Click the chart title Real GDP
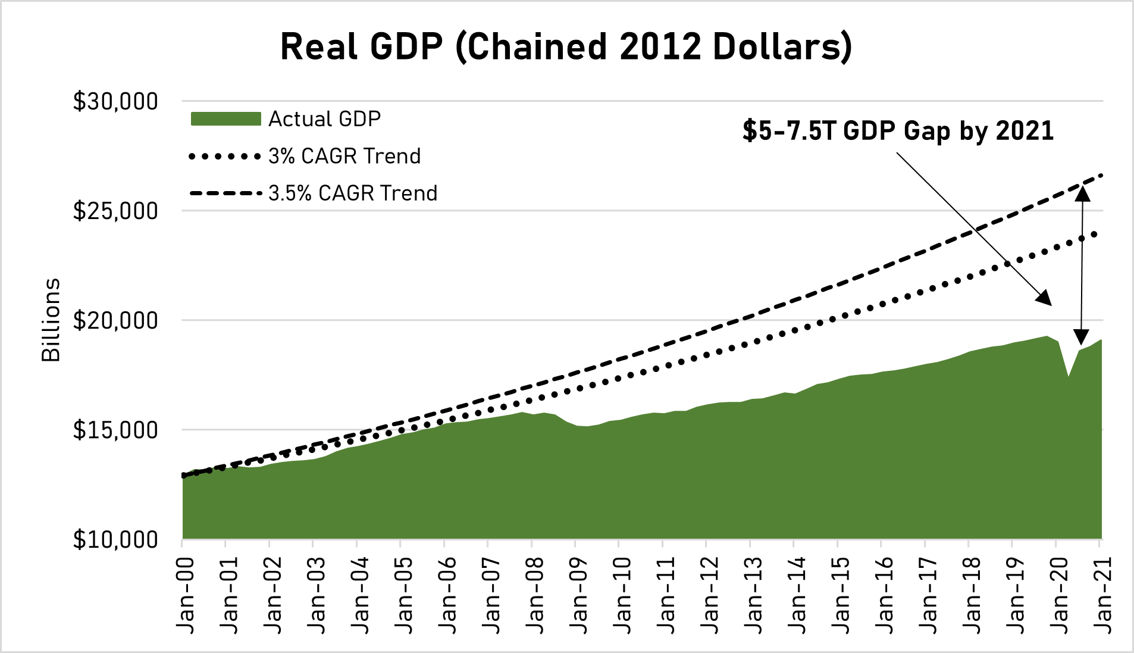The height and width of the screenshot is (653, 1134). (x=566, y=46)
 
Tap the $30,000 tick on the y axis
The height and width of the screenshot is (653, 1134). (x=115, y=102)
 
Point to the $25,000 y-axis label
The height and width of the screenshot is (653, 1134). (x=115, y=211)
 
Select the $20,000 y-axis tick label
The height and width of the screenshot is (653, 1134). (x=115, y=321)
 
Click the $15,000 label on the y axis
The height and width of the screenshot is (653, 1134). (x=115, y=430)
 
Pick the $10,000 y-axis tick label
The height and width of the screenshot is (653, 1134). (x=115, y=540)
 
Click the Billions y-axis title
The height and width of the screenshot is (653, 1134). (x=51, y=320)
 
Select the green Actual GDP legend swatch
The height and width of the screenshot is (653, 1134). (x=225, y=119)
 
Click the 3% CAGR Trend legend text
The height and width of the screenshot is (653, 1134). (x=344, y=157)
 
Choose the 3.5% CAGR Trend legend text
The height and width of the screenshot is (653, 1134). (x=353, y=193)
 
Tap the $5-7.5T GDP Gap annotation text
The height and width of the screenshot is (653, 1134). (x=898, y=131)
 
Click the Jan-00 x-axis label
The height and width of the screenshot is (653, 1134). (x=186, y=595)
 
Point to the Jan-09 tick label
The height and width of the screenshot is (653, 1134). (x=579, y=595)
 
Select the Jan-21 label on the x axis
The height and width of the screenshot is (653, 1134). (x=1103, y=595)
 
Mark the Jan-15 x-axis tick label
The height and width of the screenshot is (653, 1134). (x=841, y=595)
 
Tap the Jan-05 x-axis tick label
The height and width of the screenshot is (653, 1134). (x=404, y=595)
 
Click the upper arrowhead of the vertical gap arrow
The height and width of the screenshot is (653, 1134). (x=1082, y=194)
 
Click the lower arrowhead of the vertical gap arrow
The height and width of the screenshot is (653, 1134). (x=1081, y=337)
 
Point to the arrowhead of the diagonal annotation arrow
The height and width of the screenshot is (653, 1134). (x=1045, y=299)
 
